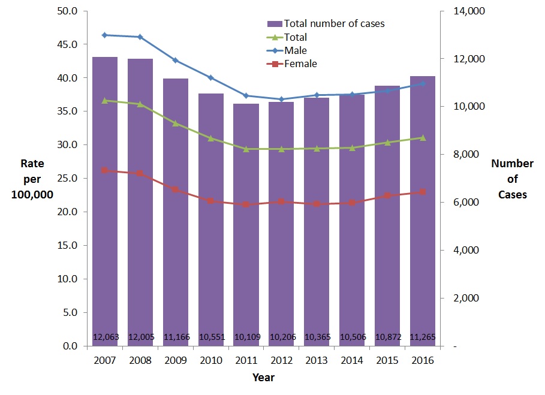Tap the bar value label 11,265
[423, 337]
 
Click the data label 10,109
[246, 337]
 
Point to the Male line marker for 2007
[105, 35]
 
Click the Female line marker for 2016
[423, 192]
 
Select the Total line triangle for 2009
[176, 123]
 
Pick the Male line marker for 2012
[281, 99]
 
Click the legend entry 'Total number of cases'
[333, 24]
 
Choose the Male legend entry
[295, 50]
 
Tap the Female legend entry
[300, 64]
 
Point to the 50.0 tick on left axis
[67, 11]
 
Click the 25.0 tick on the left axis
[67, 179]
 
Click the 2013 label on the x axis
[317, 361]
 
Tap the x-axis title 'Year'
[263, 378]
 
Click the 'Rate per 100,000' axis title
[32, 179]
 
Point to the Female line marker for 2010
[210, 201]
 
